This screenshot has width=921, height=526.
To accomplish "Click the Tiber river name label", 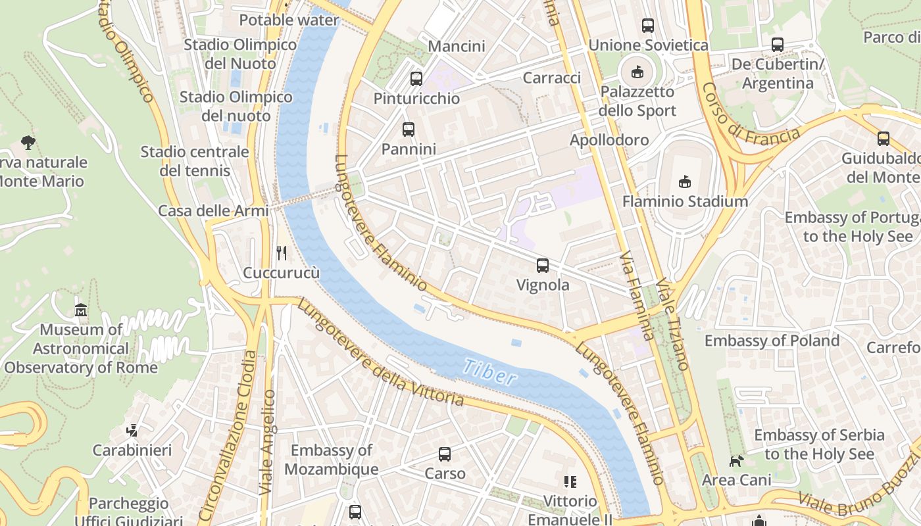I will coord(489,372).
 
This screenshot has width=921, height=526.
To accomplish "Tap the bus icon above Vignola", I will coord(543,266).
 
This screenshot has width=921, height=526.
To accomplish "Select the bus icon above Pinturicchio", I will coord(416,79).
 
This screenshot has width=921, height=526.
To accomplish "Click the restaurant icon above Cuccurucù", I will coord(282,253).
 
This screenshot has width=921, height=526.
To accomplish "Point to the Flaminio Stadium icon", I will coord(685,181).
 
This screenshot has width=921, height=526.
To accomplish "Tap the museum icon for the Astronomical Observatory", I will coord(81,310).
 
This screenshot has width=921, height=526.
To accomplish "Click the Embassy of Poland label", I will coord(772,341).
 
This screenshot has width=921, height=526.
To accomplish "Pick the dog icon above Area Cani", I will coord(736,461).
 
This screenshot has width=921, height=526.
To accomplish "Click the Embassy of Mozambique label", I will coord(332,460).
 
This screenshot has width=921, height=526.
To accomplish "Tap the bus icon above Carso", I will coord(445,454).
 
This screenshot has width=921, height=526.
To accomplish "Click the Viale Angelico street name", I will coord(267,442).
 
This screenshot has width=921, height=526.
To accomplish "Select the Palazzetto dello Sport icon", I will coord(637,72).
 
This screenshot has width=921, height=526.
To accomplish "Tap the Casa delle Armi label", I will coord(213,211).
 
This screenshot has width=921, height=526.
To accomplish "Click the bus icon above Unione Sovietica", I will coord(648,26).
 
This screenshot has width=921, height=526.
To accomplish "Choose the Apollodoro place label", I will coord(609,140).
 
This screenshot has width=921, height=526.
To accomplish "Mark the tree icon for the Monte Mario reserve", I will coord(28,141).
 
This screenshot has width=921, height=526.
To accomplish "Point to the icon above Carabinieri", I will coord(132,431).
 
